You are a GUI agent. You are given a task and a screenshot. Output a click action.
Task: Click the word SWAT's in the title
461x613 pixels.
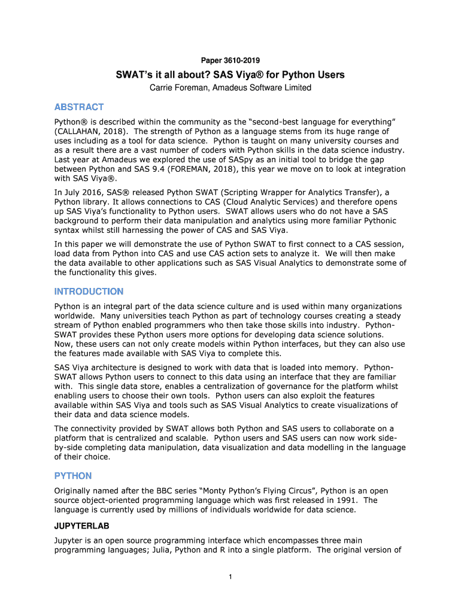pos(135,75)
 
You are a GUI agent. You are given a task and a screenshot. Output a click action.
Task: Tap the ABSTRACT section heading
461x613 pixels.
pos(79,107)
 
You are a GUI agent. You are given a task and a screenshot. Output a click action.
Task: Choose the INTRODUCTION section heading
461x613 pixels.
pos(89,292)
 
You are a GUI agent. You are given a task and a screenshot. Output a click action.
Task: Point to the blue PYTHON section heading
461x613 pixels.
pos(73,476)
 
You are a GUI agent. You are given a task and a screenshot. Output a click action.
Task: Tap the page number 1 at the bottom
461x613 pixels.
pos(230,576)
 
